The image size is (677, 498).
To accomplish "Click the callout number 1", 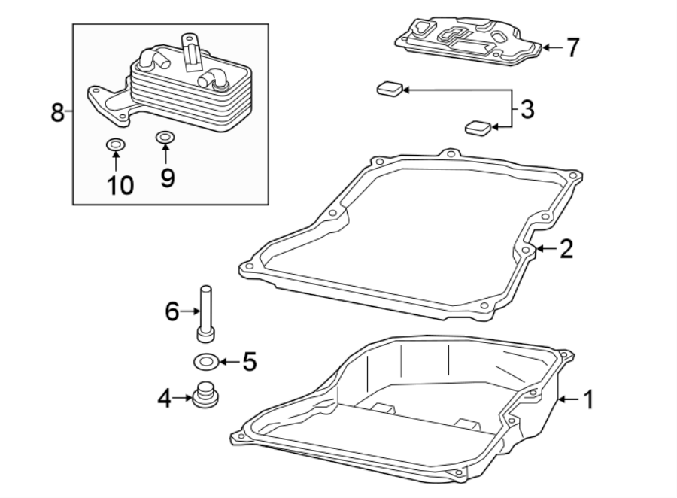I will pos(588,399).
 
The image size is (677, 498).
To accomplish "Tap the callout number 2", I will pos(566,249).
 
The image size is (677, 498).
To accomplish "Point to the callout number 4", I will pos(164,398).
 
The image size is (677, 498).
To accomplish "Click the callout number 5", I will pos(249,362).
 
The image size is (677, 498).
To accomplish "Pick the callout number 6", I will pos(172,310).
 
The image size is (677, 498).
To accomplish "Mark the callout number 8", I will pos(56,113).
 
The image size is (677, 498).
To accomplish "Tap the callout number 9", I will pos(166,178).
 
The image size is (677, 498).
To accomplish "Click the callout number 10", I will pos(117,184).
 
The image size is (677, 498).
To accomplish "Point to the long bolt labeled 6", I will pos(205,312).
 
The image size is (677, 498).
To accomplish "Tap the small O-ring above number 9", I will pos(165,138).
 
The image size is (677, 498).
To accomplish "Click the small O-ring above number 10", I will pos(116,144).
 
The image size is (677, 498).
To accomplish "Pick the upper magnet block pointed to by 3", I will pos(389,90).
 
